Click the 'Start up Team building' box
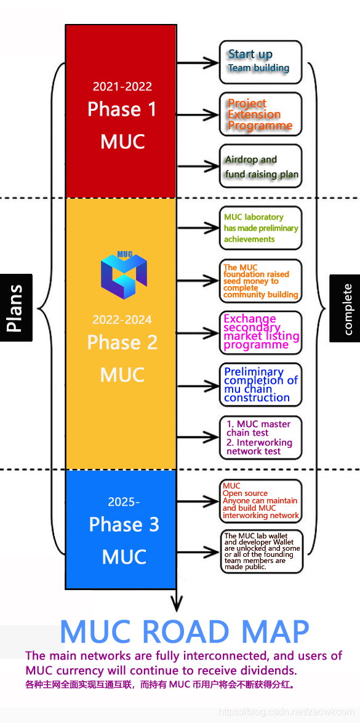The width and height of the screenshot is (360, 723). tap(260, 62)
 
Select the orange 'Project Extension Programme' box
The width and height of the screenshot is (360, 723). tap(260, 114)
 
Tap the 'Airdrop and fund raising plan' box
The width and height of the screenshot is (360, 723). tap(260, 166)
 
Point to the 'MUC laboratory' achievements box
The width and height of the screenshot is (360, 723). tap(260, 228)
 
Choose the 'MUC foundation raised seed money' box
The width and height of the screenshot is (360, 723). tap(260, 281)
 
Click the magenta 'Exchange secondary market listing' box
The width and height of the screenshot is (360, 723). tap(260, 332)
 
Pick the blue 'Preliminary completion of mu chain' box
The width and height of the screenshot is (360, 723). tap(260, 385)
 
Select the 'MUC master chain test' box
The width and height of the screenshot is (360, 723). tap(260, 437)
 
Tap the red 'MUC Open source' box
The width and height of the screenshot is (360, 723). tap(260, 501)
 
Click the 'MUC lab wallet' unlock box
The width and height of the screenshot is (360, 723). tap(260, 551)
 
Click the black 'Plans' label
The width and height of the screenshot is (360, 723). tap(16, 308)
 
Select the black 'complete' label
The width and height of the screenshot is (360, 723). tap(345, 308)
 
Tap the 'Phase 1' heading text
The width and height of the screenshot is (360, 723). tap(122, 110)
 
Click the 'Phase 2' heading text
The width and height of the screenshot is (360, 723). tap(122, 342)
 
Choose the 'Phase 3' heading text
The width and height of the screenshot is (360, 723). tap(124, 524)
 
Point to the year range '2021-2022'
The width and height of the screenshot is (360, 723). tap(122, 86)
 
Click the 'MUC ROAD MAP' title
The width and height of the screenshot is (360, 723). tap(185, 632)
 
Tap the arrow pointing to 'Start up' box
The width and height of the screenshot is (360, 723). tap(198, 62)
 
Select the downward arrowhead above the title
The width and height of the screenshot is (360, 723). tap(176, 604)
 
